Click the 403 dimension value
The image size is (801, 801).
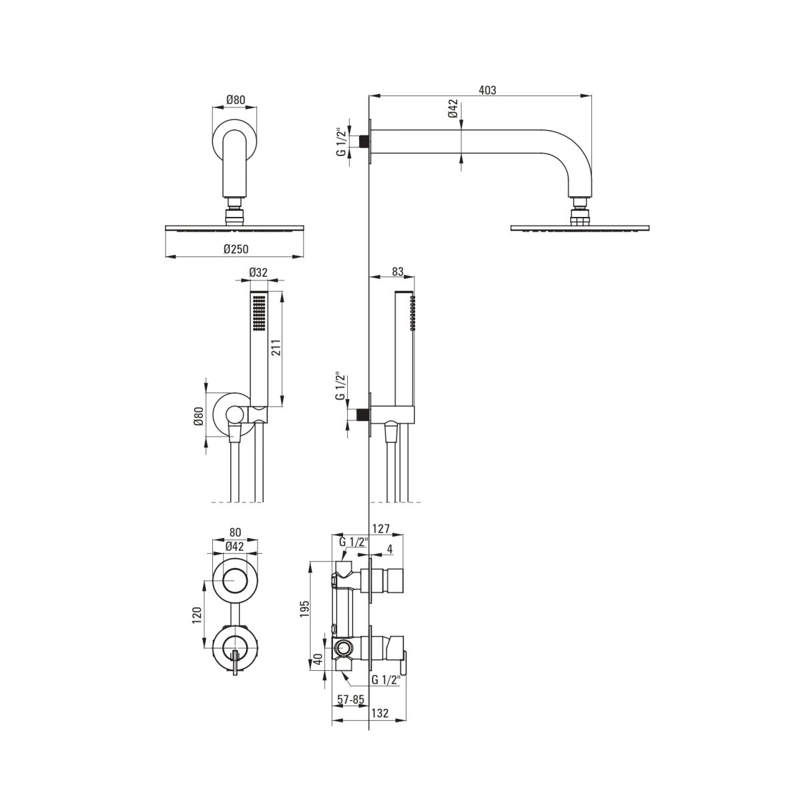(x=487, y=90)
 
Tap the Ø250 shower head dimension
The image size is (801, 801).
(x=236, y=248)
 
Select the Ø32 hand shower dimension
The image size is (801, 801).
(x=258, y=272)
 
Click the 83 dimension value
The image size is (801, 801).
(x=397, y=272)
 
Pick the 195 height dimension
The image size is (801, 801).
(x=304, y=609)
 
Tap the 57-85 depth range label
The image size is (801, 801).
(x=350, y=699)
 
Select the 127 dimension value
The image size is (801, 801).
(x=381, y=528)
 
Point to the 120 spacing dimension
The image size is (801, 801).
(x=197, y=615)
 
